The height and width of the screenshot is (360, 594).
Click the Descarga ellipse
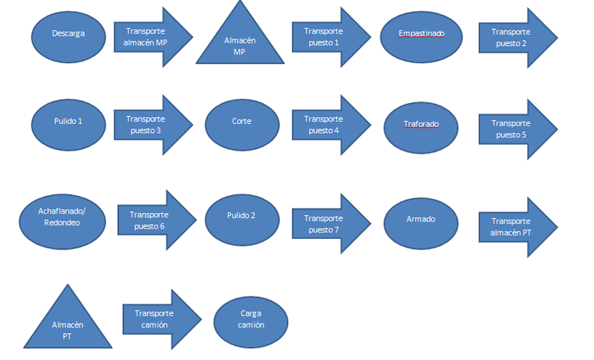68,34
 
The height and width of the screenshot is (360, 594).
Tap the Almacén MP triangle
239,41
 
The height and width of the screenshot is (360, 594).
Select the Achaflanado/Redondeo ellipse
62,221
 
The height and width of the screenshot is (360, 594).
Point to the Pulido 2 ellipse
242,220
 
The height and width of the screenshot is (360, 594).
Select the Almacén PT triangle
68,324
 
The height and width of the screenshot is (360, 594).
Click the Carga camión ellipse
251,320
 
